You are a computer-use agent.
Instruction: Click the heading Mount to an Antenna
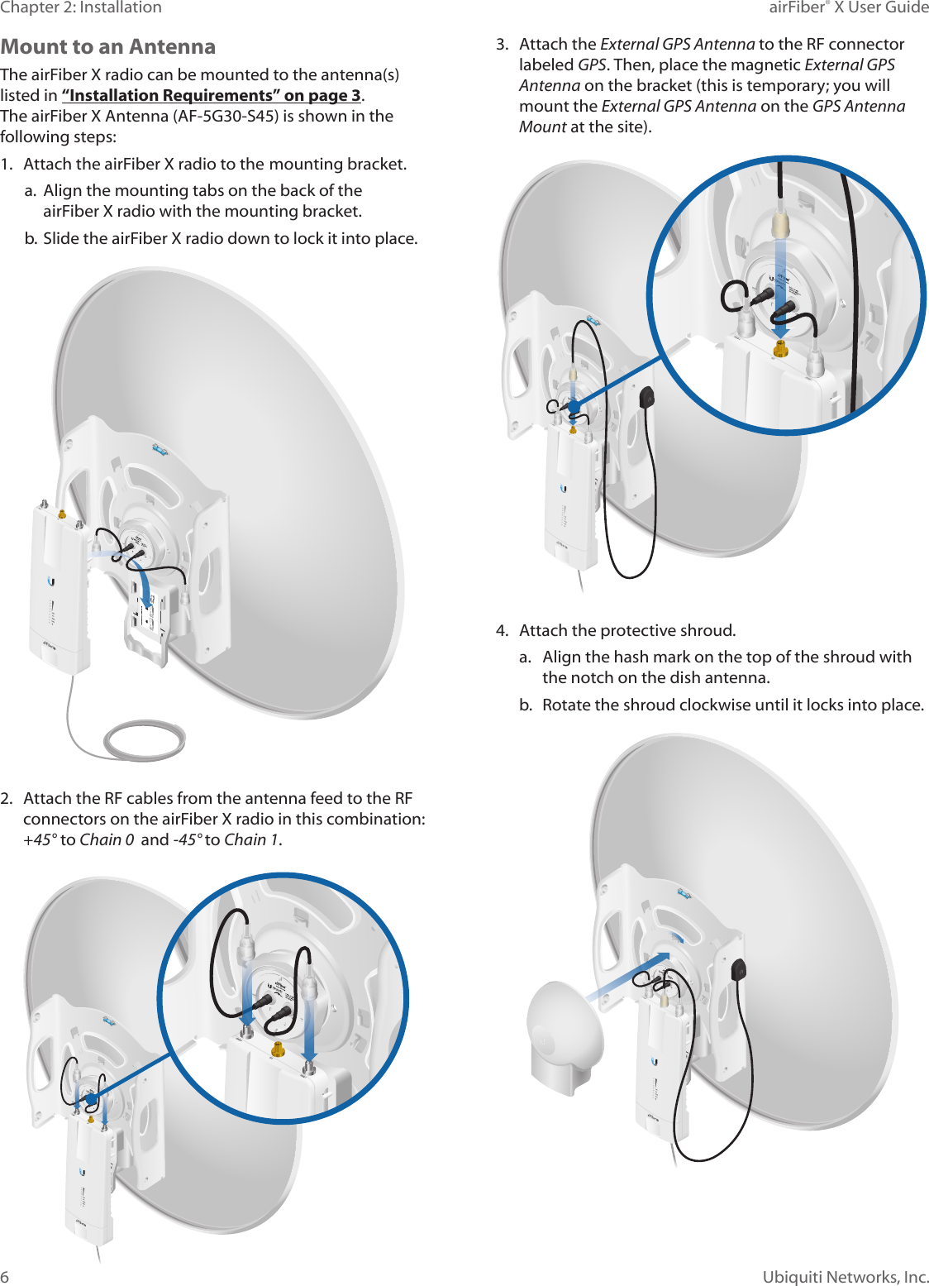click(x=108, y=47)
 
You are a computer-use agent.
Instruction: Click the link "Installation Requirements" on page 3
click(x=211, y=95)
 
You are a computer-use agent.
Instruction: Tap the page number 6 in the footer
click(x=5, y=1276)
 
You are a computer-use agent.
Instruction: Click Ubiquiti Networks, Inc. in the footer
click(x=845, y=1276)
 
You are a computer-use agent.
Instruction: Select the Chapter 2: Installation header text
click(x=81, y=7)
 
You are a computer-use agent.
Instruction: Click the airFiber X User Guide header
click(x=848, y=7)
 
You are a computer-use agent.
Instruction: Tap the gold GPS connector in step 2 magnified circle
click(x=279, y=1049)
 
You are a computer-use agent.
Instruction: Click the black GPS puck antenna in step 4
click(x=738, y=968)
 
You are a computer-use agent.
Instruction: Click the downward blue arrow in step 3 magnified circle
click(x=780, y=289)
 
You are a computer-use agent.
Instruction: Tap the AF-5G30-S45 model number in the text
click(x=227, y=116)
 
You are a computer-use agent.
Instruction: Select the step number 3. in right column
click(x=502, y=44)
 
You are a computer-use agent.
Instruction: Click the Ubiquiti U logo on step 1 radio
click(x=51, y=581)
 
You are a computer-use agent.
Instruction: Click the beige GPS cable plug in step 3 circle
click(x=779, y=224)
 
